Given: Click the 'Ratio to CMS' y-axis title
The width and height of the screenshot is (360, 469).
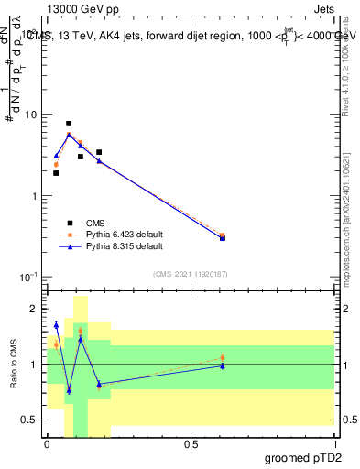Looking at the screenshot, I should pos(14,365).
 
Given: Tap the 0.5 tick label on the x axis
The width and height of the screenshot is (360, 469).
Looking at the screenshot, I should pos(191,444).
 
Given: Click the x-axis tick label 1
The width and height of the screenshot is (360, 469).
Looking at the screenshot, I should pos(334,444).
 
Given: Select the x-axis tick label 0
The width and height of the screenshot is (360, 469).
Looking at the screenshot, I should pos(48,444).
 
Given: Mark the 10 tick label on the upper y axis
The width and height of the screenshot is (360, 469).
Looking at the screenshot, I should pos(31,115).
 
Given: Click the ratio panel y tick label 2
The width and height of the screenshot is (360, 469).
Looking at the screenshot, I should pos(36,310).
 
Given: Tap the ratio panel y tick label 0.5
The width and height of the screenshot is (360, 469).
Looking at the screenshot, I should pos(32,420).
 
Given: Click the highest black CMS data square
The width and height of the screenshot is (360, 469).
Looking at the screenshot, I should pos(69,124).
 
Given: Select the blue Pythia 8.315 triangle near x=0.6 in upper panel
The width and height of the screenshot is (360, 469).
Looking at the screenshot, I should pos(223,237).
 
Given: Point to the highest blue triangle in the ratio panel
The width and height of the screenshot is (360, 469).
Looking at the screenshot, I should pos(56,324).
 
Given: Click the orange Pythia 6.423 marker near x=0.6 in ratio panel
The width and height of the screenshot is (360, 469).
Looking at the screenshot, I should pos(223,358).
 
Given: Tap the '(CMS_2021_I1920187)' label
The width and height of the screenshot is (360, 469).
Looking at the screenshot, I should pos(191,274).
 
